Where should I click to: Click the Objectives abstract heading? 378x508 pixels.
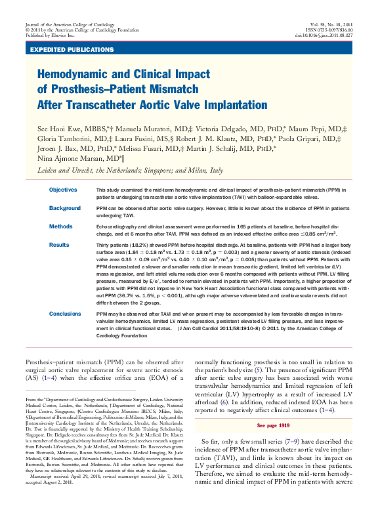point(63,189)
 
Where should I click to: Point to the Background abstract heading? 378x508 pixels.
point(64,207)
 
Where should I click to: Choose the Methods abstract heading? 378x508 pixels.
point(60,226)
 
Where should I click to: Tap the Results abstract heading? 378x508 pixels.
point(59,244)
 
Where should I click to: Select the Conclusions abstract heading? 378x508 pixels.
point(64,314)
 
